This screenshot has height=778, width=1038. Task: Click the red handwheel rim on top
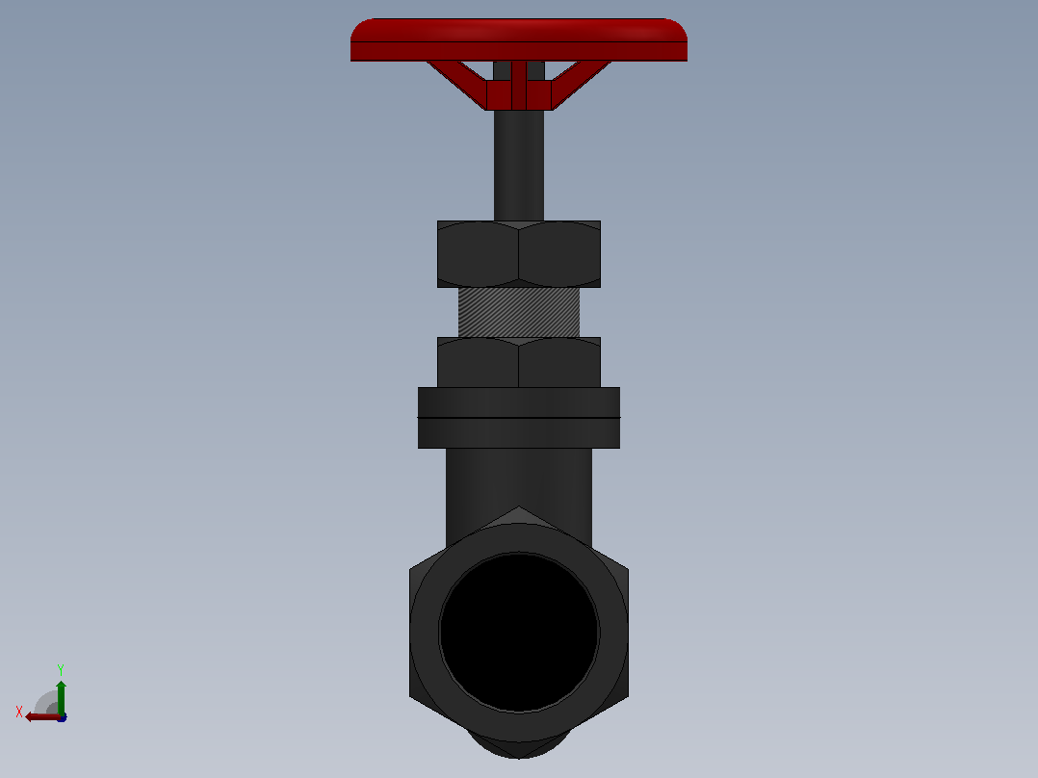click(519, 39)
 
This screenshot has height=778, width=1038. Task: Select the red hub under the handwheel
click(519, 94)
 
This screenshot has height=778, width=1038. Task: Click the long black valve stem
click(519, 166)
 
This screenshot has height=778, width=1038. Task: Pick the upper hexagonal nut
click(519, 254)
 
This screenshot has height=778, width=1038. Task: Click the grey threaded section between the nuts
click(519, 313)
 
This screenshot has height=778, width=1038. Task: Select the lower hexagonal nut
click(519, 362)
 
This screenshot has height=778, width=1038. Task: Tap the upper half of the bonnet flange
click(519, 402)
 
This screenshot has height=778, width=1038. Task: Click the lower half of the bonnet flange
click(519, 433)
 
